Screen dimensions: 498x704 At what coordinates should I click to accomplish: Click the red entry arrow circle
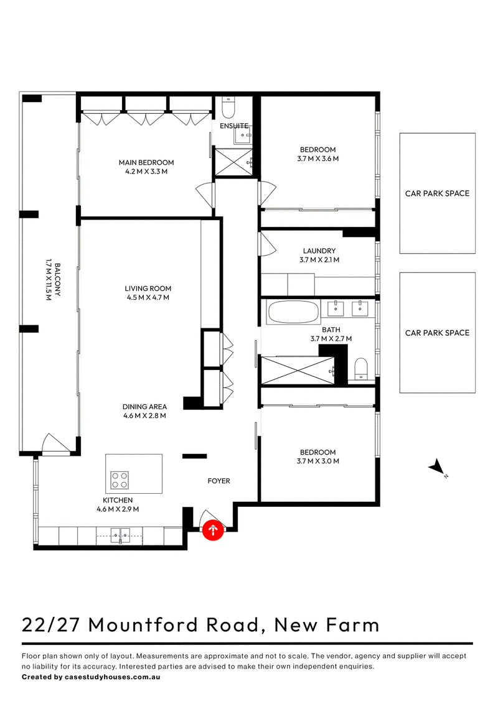click(213, 530)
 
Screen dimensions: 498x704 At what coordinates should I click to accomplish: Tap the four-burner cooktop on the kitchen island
click(120, 480)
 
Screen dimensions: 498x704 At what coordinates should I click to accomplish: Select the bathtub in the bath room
click(293, 312)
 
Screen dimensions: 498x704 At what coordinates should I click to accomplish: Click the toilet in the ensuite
click(228, 108)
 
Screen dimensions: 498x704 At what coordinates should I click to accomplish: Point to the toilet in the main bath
click(361, 369)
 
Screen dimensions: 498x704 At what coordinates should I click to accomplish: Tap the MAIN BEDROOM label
click(146, 162)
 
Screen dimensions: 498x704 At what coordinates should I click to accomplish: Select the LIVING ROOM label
click(148, 289)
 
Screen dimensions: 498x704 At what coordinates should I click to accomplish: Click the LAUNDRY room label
click(319, 251)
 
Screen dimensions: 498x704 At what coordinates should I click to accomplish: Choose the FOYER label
click(219, 481)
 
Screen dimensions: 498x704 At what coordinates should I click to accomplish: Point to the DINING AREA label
click(144, 407)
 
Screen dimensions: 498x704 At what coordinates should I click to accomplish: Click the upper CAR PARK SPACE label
click(438, 193)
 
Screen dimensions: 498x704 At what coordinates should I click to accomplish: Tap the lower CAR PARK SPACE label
click(438, 333)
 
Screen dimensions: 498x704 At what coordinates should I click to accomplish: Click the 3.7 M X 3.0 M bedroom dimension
click(317, 461)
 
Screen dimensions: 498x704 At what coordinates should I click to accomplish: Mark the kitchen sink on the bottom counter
click(120, 535)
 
